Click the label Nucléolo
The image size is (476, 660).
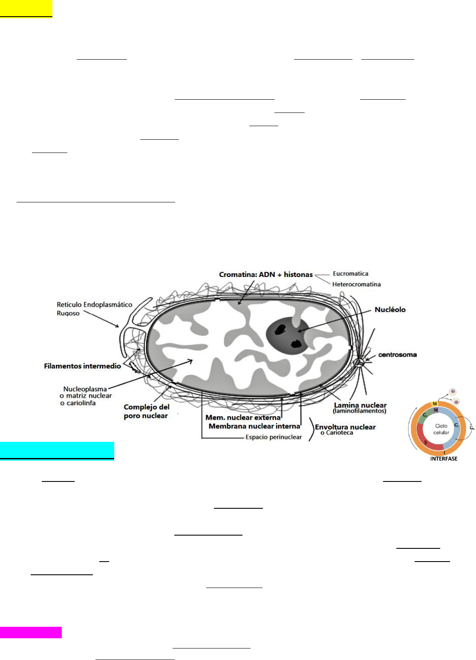pos(390,310)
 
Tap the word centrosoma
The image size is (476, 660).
pos(397,354)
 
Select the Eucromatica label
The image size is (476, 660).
pos(350,274)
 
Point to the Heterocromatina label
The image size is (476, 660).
pos(356,284)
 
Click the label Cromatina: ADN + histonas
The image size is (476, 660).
pos(266,275)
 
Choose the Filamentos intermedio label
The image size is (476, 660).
pos(82,366)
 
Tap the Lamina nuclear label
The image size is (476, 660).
pos(360,405)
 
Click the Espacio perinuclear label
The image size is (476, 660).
pos(274,437)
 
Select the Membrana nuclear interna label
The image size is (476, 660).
pos(254,426)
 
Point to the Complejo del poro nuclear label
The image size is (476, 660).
pos(146,411)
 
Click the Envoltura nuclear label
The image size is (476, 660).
pos(345,427)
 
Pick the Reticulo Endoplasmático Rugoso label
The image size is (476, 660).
pos(94,308)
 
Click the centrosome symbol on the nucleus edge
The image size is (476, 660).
pos(359,362)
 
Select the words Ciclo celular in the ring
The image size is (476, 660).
pos(441,429)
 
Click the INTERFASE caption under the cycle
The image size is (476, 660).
pos(444,459)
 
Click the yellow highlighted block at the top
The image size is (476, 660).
pos(26,9)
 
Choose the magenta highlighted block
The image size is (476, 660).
pos(31,632)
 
